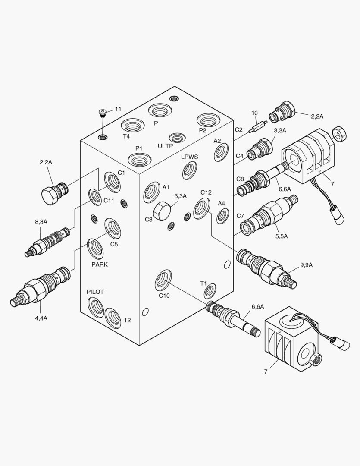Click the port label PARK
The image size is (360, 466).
(100, 264)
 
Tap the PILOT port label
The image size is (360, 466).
(95, 292)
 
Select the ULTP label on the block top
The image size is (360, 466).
(165, 146)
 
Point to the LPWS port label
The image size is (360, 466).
(189, 157)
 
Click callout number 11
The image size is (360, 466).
(118, 109)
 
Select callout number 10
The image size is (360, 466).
(254, 113)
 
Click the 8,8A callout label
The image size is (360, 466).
(41, 222)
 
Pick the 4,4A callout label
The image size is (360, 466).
(41, 318)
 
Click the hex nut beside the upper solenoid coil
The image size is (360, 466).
(340, 134)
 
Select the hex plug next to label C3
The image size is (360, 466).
(163, 210)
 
